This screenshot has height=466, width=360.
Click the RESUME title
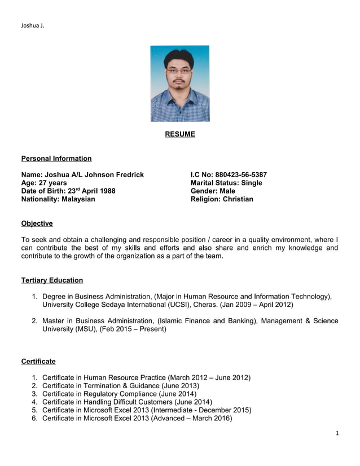(x=179, y=134)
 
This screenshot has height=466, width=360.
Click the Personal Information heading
(x=56, y=159)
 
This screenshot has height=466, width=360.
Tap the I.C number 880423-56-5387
(x=242, y=175)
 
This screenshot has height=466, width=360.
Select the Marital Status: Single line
(x=226, y=183)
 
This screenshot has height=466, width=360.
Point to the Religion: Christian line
(x=222, y=199)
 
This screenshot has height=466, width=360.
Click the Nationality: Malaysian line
(x=58, y=199)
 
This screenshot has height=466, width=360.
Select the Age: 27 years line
(x=43, y=183)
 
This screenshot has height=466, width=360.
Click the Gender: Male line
(x=213, y=191)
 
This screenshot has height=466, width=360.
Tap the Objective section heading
(x=37, y=223)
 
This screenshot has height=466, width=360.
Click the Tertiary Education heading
(x=52, y=280)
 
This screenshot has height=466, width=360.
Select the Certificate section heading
(x=38, y=361)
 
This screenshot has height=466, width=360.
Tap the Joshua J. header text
(x=32, y=25)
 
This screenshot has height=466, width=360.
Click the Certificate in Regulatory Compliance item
(x=119, y=394)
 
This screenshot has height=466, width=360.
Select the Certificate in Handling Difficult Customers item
(x=127, y=402)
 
